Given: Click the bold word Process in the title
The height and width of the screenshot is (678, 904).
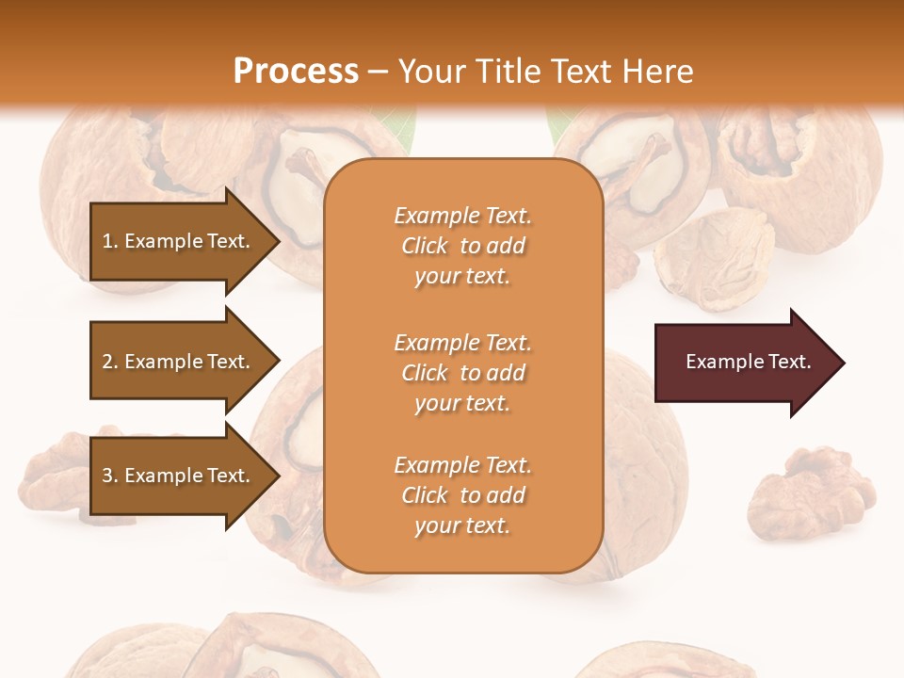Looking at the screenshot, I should (296, 72).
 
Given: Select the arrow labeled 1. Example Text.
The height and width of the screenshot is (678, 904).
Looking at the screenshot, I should (179, 241).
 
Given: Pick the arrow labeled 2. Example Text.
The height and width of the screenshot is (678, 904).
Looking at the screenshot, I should (179, 362).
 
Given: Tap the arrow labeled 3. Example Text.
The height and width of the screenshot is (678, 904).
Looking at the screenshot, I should (179, 476).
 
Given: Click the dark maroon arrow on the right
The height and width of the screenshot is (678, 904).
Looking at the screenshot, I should (744, 362).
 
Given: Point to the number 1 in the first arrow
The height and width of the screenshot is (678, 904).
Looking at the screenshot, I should (107, 241).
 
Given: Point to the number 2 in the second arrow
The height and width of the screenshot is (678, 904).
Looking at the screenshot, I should (107, 362).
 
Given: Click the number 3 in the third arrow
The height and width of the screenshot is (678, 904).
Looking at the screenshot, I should (107, 476).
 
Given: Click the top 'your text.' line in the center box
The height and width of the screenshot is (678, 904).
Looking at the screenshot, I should (462, 277).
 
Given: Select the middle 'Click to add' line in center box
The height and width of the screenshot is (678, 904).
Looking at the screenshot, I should (462, 373).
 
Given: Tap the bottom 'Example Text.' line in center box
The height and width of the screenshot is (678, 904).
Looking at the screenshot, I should (462, 465).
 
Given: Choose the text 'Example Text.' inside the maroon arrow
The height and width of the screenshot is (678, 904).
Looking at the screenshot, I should (748, 362).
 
